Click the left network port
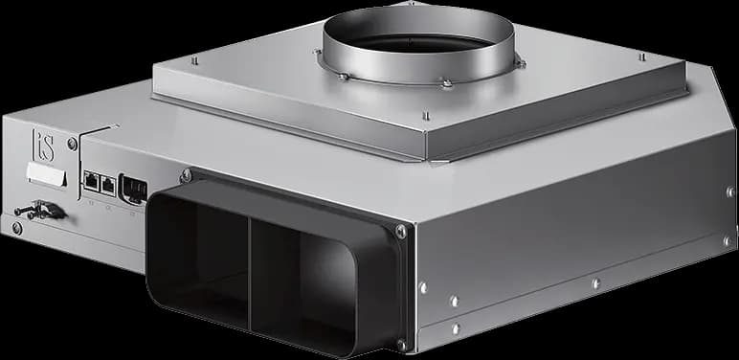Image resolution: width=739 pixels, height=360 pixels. (x=91, y=180)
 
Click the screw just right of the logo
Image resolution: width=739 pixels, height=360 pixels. (x=73, y=144)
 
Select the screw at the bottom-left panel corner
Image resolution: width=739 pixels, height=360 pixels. (x=17, y=228)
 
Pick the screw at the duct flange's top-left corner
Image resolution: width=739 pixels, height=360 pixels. (x=186, y=176)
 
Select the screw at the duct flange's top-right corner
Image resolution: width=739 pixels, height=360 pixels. (x=400, y=232)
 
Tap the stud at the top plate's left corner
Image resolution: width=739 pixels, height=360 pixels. (x=194, y=59)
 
